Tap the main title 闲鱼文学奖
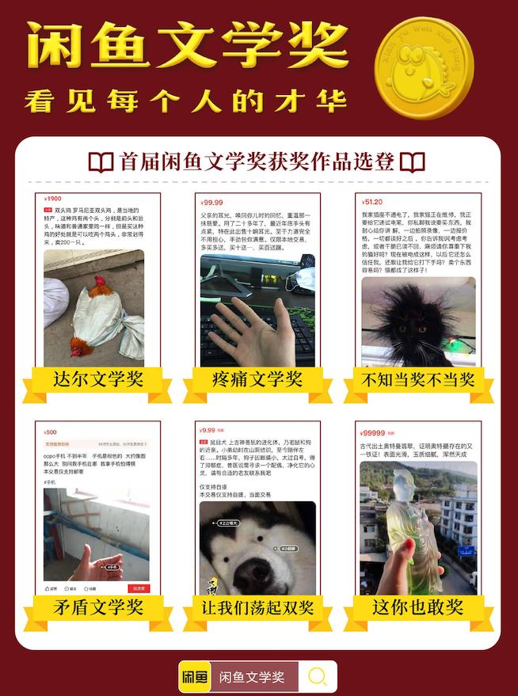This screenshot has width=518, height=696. click(x=187, y=45)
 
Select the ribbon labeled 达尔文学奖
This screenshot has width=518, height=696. click(x=98, y=380)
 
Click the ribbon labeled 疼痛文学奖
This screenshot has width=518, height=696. click(x=257, y=380)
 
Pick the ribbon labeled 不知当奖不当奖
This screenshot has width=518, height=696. click(x=417, y=380)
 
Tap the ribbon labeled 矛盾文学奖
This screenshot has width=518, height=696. click(x=98, y=607)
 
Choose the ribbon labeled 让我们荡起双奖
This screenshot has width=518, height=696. click(x=257, y=607)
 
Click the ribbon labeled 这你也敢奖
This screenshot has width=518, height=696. click(x=417, y=607)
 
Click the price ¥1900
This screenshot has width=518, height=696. click(x=53, y=199)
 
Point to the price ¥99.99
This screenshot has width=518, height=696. click(x=212, y=203)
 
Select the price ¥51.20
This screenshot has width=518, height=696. click(x=372, y=202)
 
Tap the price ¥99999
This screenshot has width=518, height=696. click(x=374, y=433)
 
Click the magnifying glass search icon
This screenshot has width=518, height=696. click(x=318, y=676)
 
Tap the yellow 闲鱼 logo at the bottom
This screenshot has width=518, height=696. click(x=195, y=677)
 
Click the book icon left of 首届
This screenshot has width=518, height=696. click(x=101, y=163)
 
